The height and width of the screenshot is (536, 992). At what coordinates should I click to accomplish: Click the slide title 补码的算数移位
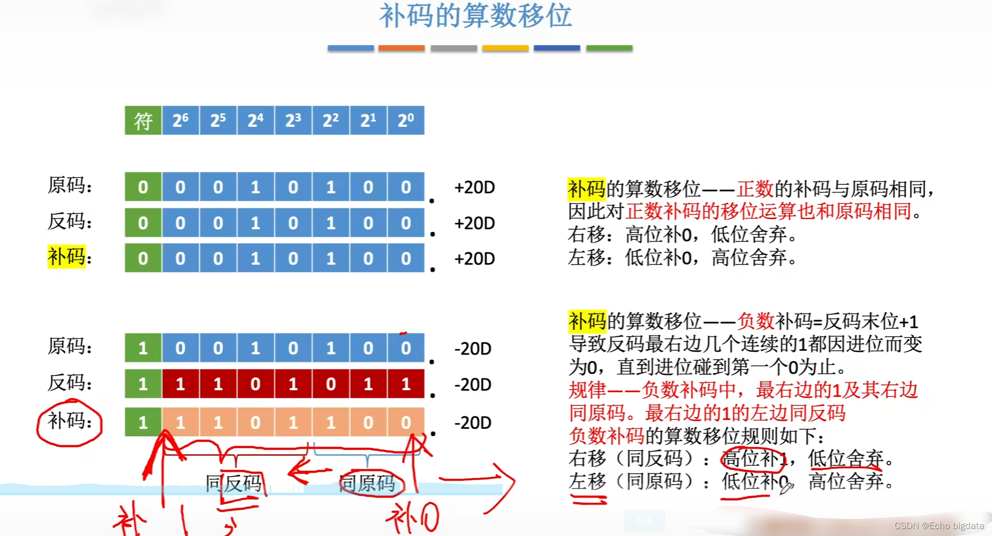point(475,16)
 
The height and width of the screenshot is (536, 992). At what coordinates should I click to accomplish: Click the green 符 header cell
point(143,120)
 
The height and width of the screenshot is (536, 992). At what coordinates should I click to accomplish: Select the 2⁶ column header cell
point(180,120)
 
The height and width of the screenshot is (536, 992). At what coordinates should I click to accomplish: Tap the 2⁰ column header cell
point(406,120)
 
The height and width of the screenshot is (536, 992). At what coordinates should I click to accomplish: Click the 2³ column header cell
point(293,120)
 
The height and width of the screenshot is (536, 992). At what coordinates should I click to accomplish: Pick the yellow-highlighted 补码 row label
point(67,256)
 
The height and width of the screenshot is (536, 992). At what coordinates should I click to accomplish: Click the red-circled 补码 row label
point(69,421)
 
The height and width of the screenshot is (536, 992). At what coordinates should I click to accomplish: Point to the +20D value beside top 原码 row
point(474,187)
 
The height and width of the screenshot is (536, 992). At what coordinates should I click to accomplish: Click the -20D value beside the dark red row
point(473,384)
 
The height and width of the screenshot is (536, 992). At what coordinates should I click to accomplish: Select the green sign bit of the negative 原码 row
point(143,348)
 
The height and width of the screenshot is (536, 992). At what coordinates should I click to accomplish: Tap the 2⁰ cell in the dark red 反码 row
point(406,384)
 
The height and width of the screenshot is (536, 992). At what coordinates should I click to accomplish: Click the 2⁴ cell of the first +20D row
point(255,187)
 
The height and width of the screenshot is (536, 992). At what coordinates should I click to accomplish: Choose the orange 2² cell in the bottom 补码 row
point(331,422)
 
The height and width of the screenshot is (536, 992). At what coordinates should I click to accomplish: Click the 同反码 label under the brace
point(234,484)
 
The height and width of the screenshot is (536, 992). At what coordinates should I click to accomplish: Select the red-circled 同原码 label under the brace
point(368,484)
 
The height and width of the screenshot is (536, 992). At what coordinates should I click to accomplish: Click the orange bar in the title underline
point(402,48)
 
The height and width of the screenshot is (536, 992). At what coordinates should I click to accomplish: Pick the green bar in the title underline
point(609,48)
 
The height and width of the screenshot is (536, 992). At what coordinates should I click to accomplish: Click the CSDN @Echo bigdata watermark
point(939,526)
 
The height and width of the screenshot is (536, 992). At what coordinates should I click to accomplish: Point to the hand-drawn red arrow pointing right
point(476,478)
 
